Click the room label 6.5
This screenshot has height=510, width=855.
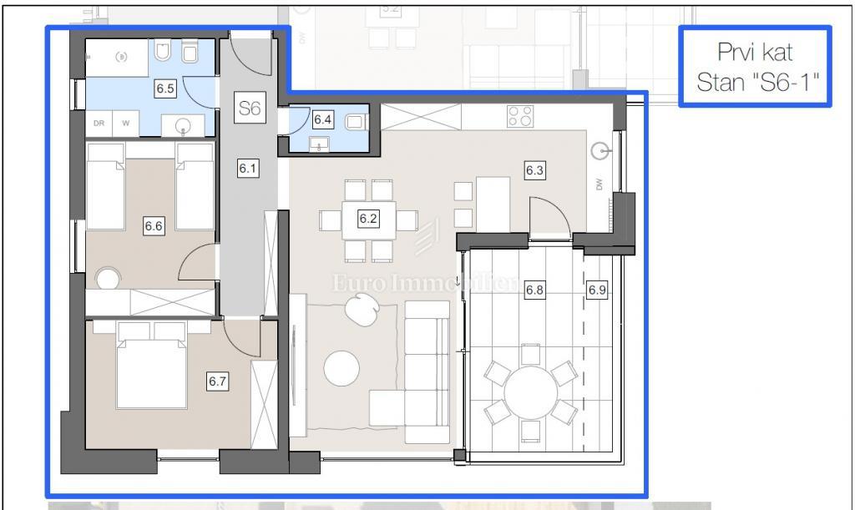(x=165, y=88)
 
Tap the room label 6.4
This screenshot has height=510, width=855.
(x=322, y=119)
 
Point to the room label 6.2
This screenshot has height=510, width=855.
(x=368, y=220)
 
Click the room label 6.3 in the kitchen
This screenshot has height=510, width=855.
(x=534, y=171)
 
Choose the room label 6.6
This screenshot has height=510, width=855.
(x=153, y=225)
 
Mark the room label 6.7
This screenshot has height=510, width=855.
(x=217, y=381)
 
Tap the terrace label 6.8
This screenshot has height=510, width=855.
(x=534, y=290)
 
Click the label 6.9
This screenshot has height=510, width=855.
(x=596, y=290)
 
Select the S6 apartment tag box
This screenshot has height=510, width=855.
(x=249, y=108)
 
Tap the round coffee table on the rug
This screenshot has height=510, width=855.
(x=341, y=368)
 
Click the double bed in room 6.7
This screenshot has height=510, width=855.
(x=151, y=372)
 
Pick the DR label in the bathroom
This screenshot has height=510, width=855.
(x=99, y=124)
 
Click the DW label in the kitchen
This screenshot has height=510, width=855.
(x=600, y=185)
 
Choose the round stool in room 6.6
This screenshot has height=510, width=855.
(x=107, y=278)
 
